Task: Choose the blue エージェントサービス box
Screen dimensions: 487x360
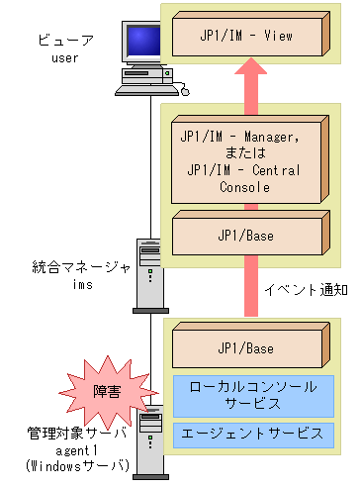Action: tap(254, 434)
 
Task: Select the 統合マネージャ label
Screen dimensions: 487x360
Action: tap(73, 267)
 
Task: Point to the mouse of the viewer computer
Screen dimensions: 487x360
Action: tap(183, 91)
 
